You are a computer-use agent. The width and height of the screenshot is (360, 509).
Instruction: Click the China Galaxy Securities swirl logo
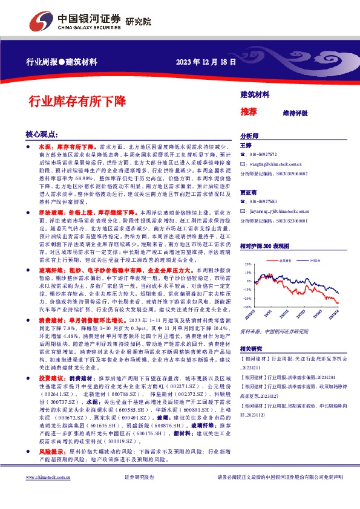point(44,21)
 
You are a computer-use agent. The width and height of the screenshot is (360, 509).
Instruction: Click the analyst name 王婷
point(245,146)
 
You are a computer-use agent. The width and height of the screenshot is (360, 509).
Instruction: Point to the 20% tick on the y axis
point(248,264)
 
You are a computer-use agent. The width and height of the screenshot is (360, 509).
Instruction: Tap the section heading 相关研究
point(250,349)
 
